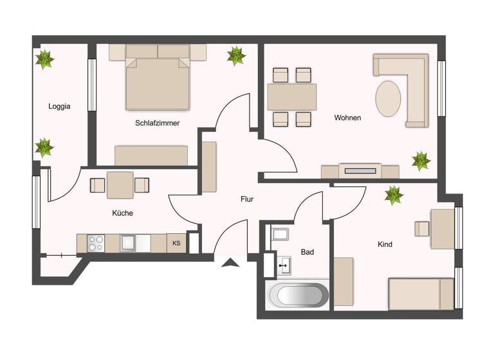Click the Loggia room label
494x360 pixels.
click(x=59, y=107)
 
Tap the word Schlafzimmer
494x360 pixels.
click(x=157, y=123)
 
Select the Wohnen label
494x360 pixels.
click(x=347, y=118)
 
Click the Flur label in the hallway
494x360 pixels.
click(x=247, y=199)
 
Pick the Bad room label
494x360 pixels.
click(x=307, y=252)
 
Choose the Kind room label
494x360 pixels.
click(x=385, y=244)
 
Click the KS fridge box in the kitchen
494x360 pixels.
click(x=176, y=243)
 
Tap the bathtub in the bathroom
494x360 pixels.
click(x=298, y=295)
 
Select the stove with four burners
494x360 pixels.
click(x=96, y=243)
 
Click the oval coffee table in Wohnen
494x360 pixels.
click(x=389, y=98)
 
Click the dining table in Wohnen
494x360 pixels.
click(x=291, y=97)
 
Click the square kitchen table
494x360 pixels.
click(x=120, y=185)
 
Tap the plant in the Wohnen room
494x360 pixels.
click(x=421, y=160)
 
